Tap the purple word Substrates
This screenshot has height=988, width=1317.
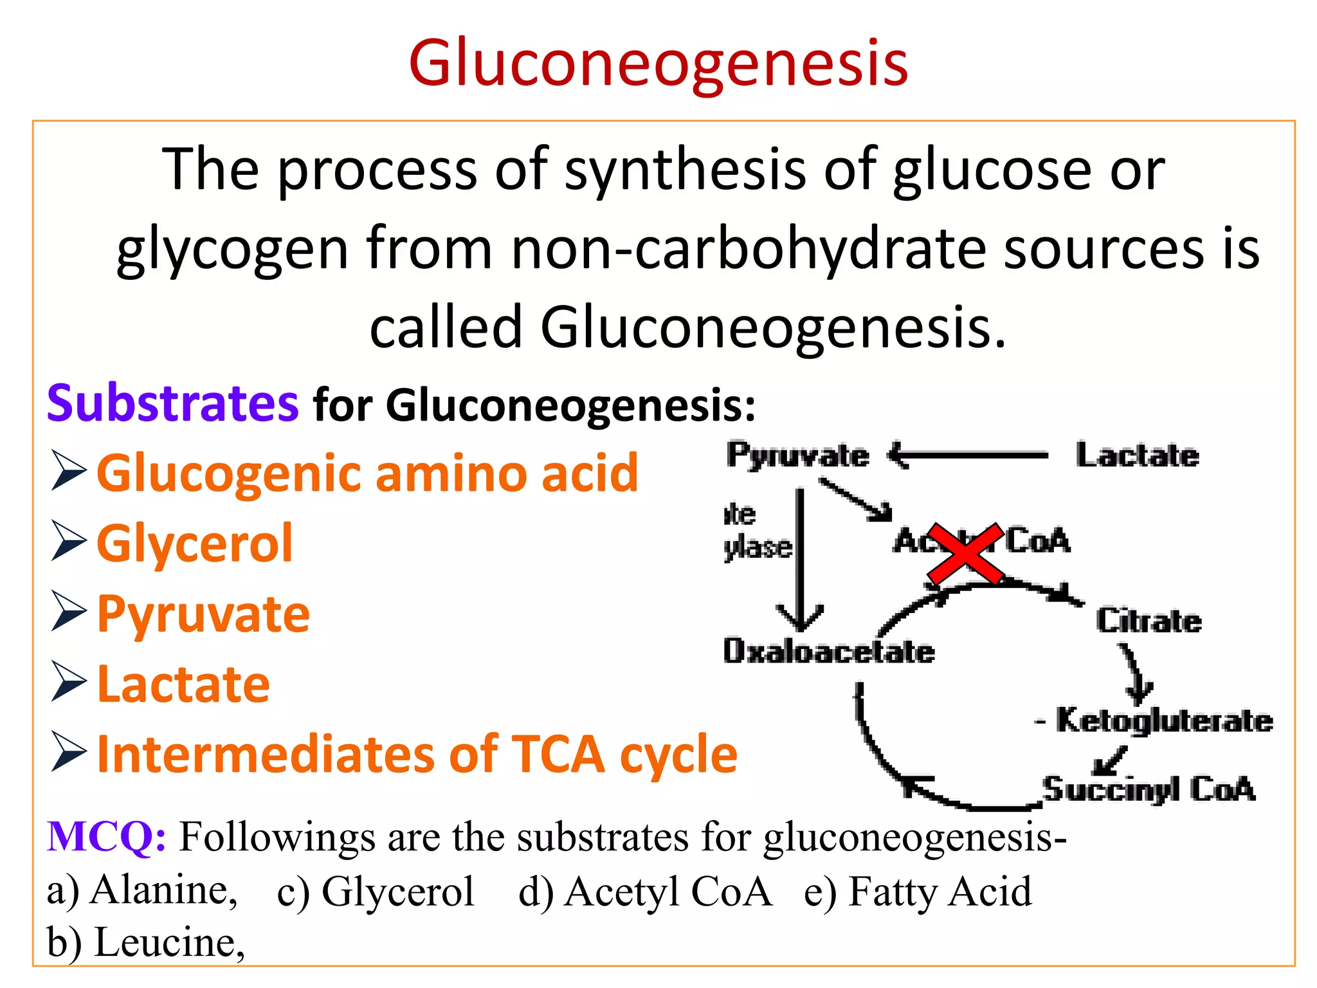pyautogui.click(x=172, y=403)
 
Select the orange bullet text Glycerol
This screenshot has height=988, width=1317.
pyautogui.click(x=194, y=544)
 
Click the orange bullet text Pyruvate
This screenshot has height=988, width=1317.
pyautogui.click(x=203, y=614)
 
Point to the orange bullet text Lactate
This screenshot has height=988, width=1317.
pyautogui.click(x=183, y=684)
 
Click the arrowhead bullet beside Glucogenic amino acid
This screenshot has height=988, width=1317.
pyautogui.click(x=68, y=471)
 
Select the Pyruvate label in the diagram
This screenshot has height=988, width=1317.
pyautogui.click(x=797, y=455)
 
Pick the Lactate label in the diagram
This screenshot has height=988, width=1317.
pyautogui.click(x=1137, y=455)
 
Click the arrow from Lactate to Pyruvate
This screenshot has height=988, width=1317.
pyautogui.click(x=968, y=455)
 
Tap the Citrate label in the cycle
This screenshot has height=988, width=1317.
pyautogui.click(x=1149, y=621)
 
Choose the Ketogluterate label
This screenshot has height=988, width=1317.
pyautogui.click(x=1164, y=720)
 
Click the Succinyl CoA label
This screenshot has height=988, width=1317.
pyautogui.click(x=1149, y=789)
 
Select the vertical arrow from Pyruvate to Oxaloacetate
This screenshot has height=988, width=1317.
pyautogui.click(x=800, y=560)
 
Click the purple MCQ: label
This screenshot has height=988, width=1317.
pyautogui.click(x=106, y=837)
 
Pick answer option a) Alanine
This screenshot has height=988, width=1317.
pyautogui.click(x=142, y=891)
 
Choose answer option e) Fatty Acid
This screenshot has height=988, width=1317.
pyautogui.click(x=917, y=892)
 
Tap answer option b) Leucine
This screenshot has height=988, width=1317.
pyautogui.click(x=146, y=943)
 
